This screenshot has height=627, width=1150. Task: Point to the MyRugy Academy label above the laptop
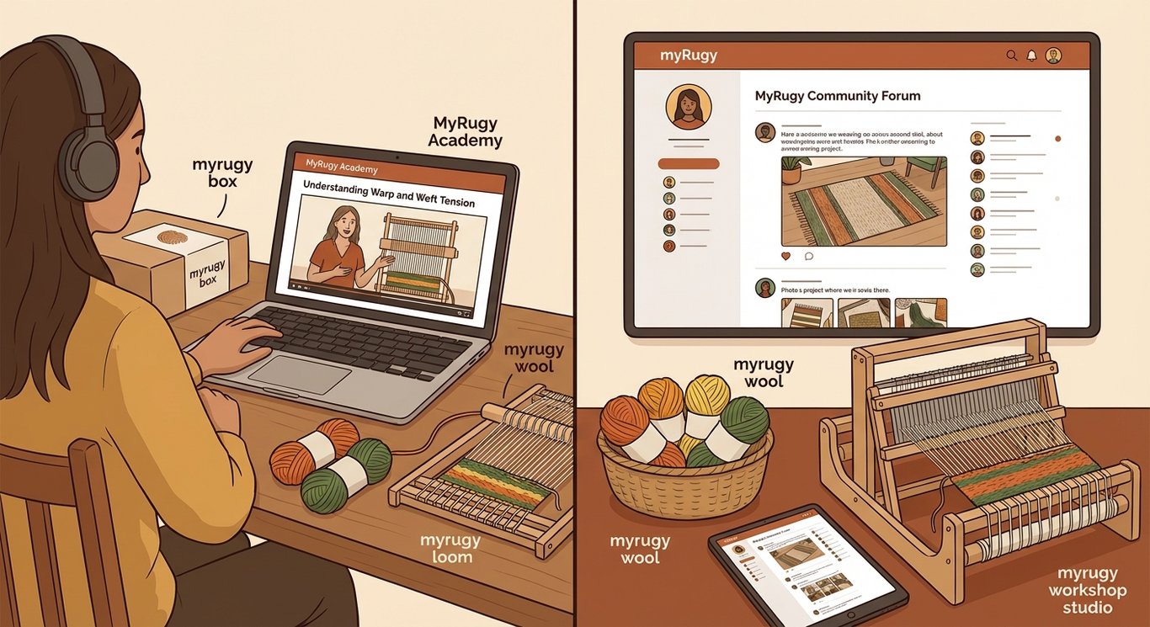(465, 132)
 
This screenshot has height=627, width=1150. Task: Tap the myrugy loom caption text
(450, 548)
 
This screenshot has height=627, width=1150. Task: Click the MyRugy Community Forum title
(837, 96)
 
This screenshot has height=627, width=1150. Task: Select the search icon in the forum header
(1012, 56)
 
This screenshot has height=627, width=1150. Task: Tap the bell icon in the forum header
(1032, 56)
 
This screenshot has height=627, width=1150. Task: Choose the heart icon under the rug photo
(786, 256)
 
